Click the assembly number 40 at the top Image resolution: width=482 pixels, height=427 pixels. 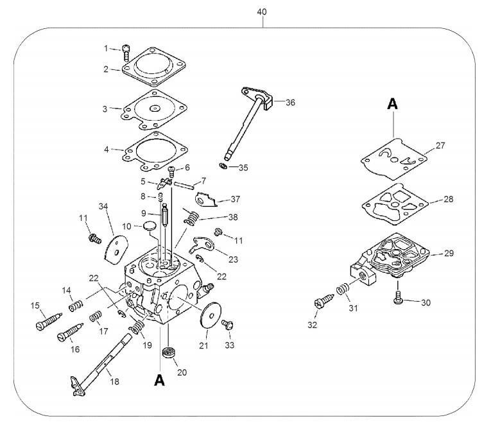pos(262,12)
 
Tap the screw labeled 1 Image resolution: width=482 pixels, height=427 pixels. pos(126,53)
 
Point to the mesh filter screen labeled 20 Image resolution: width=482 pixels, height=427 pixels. pos(168,352)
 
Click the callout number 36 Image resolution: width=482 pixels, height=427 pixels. pos(290,103)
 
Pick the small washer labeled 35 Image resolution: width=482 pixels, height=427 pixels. pos(223,166)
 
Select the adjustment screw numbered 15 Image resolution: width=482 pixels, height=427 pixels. pos(49,322)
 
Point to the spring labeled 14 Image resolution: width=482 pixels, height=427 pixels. pos(76,306)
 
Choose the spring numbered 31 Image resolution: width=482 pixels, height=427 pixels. pos(343,288)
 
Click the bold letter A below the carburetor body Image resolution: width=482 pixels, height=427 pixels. pos(160,380)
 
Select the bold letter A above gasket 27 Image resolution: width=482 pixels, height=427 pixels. pos(392,103)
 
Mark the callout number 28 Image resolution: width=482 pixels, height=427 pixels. pos(449,199)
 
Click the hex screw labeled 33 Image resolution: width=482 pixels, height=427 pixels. pos(228,325)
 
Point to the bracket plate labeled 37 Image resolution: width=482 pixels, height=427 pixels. pos(205,200)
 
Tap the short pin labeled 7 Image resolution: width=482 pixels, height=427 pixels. pos(184,184)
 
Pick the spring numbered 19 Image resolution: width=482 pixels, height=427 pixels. pos(137,327)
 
